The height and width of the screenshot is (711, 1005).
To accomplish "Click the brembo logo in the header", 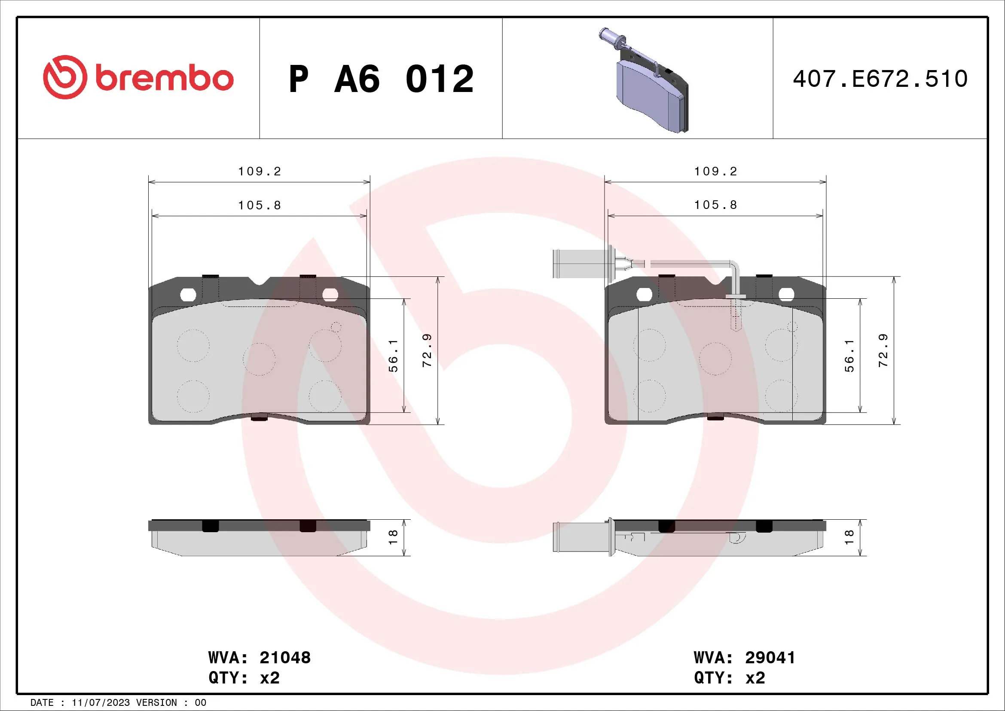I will coord(138,77).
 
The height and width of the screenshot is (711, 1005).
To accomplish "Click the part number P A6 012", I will coord(381,79).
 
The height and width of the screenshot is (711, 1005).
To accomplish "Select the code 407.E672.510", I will coord(880,79).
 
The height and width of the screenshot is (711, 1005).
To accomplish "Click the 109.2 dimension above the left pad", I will coord(259,171).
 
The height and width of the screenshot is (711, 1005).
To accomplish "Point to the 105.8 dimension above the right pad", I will coord(715,205).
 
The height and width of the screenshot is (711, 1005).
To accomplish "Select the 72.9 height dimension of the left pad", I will coord(427,350).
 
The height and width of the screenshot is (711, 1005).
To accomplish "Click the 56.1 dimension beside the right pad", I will coord(849,355).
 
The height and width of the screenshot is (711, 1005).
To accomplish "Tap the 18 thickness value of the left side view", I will coord(393,537).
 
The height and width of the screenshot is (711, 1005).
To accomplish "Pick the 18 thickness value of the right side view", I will coord(849,537).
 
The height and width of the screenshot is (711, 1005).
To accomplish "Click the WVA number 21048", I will coord(285,658).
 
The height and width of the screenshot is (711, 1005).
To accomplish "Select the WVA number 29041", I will coord(770,658).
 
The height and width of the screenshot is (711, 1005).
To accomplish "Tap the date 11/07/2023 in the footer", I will coord(101,703).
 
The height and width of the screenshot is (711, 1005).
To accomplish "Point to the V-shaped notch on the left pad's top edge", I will coord(259,281).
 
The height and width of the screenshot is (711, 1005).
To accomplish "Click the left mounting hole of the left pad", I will coord(188,294).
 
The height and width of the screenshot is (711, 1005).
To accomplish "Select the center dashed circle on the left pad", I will coord(259,359).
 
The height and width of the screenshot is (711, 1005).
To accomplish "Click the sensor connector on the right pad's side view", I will coord(582,537).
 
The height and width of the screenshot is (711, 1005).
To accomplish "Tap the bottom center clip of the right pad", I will coord(715,418).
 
